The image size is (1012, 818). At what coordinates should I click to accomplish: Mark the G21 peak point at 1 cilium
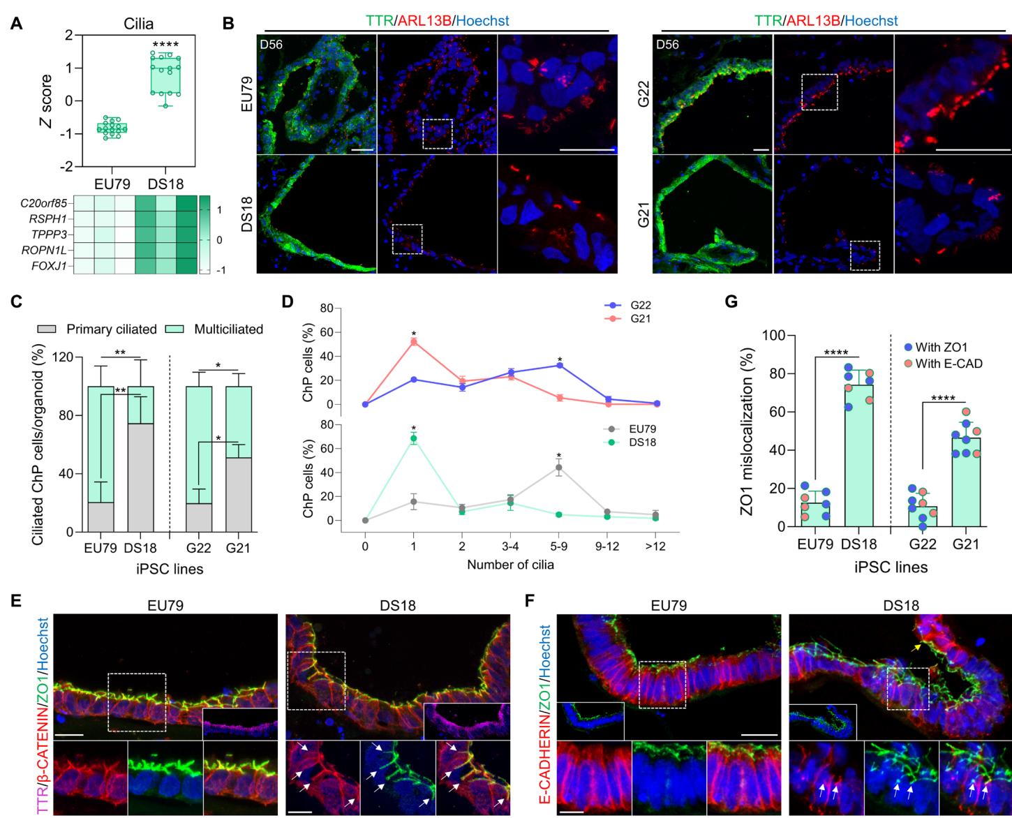[x=414, y=341]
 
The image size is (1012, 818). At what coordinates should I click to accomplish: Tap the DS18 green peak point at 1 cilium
[x=414, y=438]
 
